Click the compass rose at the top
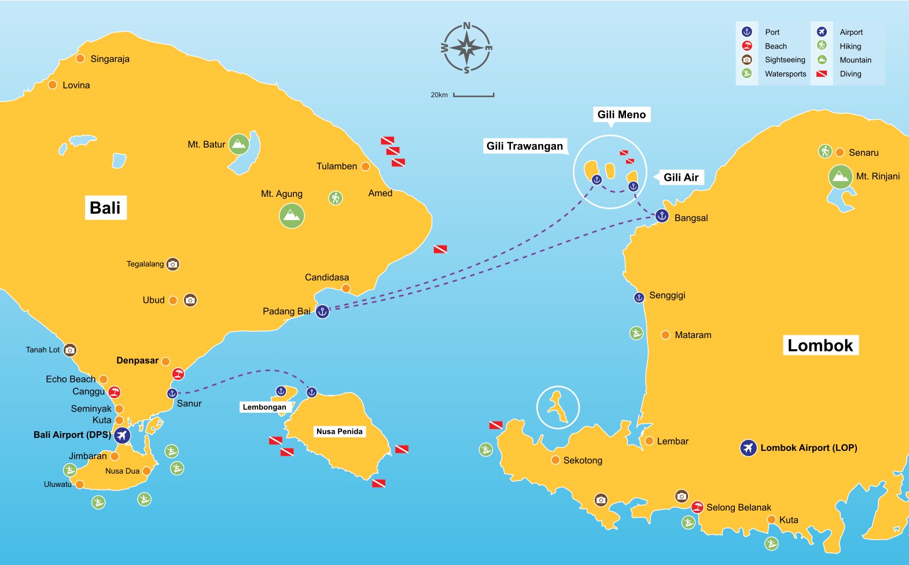tap(466, 48)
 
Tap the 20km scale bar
tap(473, 94)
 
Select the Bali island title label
tap(105, 208)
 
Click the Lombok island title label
tap(820, 346)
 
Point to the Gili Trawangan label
tap(524, 146)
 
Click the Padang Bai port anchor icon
tap(322, 311)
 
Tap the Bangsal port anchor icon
tap(662, 216)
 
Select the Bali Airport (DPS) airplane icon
tap(122, 435)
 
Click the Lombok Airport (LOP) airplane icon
tap(748, 448)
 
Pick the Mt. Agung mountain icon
tap(292, 216)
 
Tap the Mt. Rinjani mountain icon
tap(840, 177)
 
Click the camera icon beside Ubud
tap(190, 300)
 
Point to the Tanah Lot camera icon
tap(69, 350)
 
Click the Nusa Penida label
tap(339, 431)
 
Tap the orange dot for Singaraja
tap(80, 58)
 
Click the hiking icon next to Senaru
tap(825, 152)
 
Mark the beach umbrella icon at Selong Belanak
tap(697, 507)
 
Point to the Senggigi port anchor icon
tap(639, 298)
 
